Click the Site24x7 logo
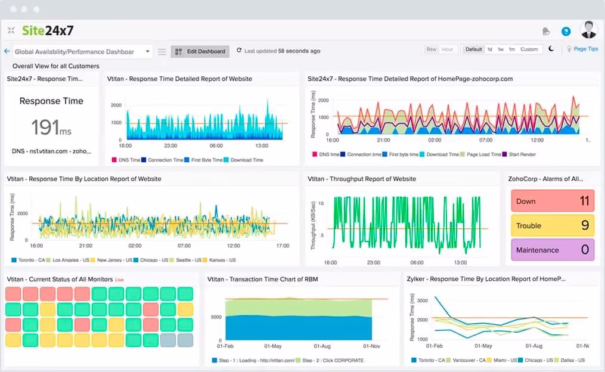point(48,30)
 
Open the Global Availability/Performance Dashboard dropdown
point(82,52)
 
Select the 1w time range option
point(501,49)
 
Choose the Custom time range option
point(529,49)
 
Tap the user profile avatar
point(588,30)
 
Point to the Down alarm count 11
point(584,201)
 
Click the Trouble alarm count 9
point(585,225)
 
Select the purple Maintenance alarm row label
point(538,250)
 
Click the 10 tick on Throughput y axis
point(321,203)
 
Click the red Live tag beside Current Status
point(119,280)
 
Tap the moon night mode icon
point(551,49)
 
